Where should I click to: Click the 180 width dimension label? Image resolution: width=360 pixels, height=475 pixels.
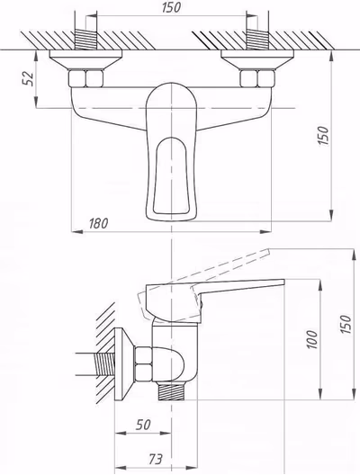(x=98, y=224)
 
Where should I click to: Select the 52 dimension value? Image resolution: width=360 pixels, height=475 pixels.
(x=29, y=79)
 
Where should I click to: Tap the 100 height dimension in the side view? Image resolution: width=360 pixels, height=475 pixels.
(x=312, y=339)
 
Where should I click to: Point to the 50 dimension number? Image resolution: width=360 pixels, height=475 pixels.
(x=143, y=425)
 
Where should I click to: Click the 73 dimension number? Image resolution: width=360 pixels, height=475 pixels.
(x=156, y=459)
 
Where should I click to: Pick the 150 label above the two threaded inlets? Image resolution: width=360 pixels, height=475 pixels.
(x=171, y=7)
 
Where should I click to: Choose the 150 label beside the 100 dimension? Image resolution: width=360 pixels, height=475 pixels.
(x=346, y=324)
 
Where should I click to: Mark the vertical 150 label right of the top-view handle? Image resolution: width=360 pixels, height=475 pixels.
(x=323, y=136)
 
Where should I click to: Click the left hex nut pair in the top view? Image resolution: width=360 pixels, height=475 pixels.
(x=86, y=79)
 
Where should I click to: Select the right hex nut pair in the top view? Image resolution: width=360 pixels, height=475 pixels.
(x=257, y=79)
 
